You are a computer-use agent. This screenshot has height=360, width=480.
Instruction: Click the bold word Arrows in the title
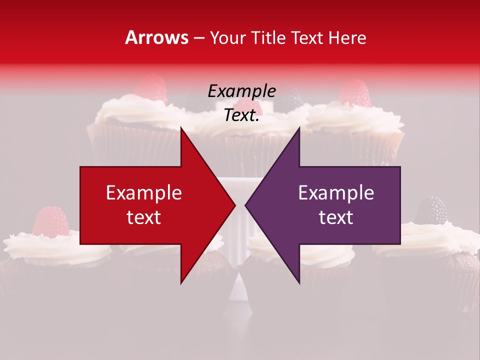157,38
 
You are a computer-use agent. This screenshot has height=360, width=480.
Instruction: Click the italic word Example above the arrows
241,91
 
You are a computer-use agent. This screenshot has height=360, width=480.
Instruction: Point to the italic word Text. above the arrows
241,115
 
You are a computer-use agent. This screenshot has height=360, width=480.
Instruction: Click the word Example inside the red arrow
143,193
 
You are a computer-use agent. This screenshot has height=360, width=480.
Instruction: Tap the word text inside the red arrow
143,217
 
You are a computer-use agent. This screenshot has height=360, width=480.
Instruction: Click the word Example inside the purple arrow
336,193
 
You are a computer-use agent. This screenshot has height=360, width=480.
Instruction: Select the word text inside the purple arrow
336,217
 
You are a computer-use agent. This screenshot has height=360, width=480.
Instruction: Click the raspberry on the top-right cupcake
354,93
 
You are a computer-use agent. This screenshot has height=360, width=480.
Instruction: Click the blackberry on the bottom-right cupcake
431,210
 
